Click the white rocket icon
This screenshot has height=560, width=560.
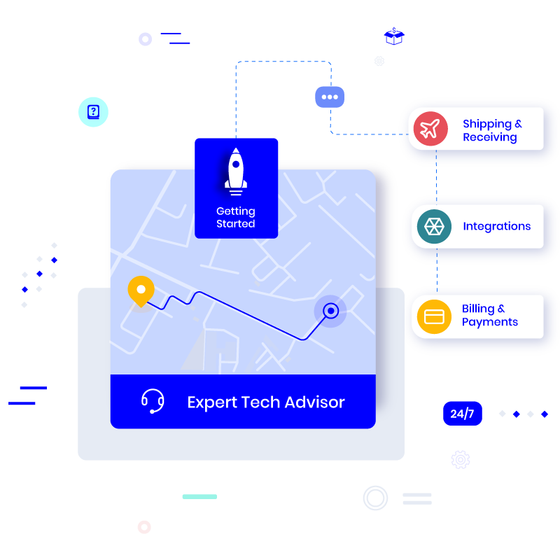[236, 171]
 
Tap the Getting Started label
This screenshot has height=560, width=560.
[236, 218]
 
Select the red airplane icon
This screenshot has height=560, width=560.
[430, 129]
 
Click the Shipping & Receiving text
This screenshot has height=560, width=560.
[492, 130]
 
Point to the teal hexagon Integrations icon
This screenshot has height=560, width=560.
[434, 226]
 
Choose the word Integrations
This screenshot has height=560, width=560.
[496, 226]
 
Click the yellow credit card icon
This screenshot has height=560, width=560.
[435, 316]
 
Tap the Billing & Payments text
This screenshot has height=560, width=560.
[490, 316]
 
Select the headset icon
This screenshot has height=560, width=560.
[153, 402]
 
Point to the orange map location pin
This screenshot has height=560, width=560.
[141, 290]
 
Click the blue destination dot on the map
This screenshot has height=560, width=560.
[330, 310]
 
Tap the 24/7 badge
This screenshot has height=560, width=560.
[462, 414]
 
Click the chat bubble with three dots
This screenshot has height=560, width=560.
[330, 97]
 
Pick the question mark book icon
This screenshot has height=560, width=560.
[93, 111]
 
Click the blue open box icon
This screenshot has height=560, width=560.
[395, 36]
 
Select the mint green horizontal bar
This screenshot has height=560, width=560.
[199, 496]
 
